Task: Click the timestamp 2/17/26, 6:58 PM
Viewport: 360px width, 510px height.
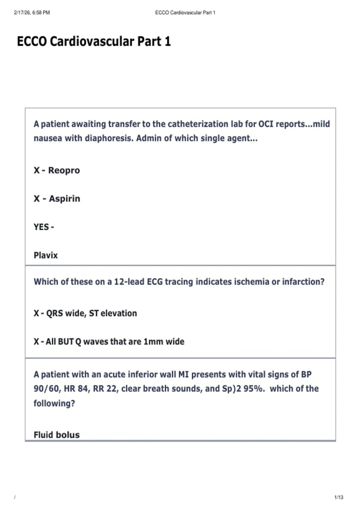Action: [x=32, y=13]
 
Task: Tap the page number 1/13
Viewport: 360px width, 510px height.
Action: [x=339, y=497]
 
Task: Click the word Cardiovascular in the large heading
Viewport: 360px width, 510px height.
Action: [x=92, y=41]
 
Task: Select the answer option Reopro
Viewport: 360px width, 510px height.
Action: [x=64, y=170]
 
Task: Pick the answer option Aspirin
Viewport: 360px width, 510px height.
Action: [x=64, y=199]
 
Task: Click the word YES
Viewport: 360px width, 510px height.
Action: [x=41, y=227]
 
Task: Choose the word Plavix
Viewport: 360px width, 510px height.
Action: [x=46, y=255]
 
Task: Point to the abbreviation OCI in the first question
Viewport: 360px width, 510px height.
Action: [x=266, y=124]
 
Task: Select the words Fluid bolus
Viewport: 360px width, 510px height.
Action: [x=57, y=435]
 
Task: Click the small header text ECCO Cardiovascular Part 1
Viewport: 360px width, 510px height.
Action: [x=185, y=13]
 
